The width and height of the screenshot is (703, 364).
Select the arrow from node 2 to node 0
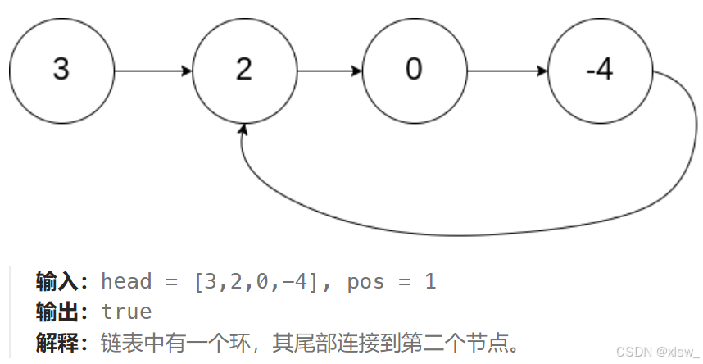coord(329,71)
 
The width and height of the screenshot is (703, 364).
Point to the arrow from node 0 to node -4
coord(506,71)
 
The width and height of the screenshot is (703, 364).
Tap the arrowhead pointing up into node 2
coord(243,131)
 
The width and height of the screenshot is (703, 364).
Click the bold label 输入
coord(61,282)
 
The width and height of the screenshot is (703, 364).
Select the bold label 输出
coord(61,312)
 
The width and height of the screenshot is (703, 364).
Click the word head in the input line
coord(126,282)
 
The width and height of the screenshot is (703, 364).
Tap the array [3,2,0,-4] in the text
coord(261,282)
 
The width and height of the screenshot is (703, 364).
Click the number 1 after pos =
coord(430,282)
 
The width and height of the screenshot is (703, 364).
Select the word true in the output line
coord(126,312)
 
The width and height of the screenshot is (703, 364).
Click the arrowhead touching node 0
coord(356,71)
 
